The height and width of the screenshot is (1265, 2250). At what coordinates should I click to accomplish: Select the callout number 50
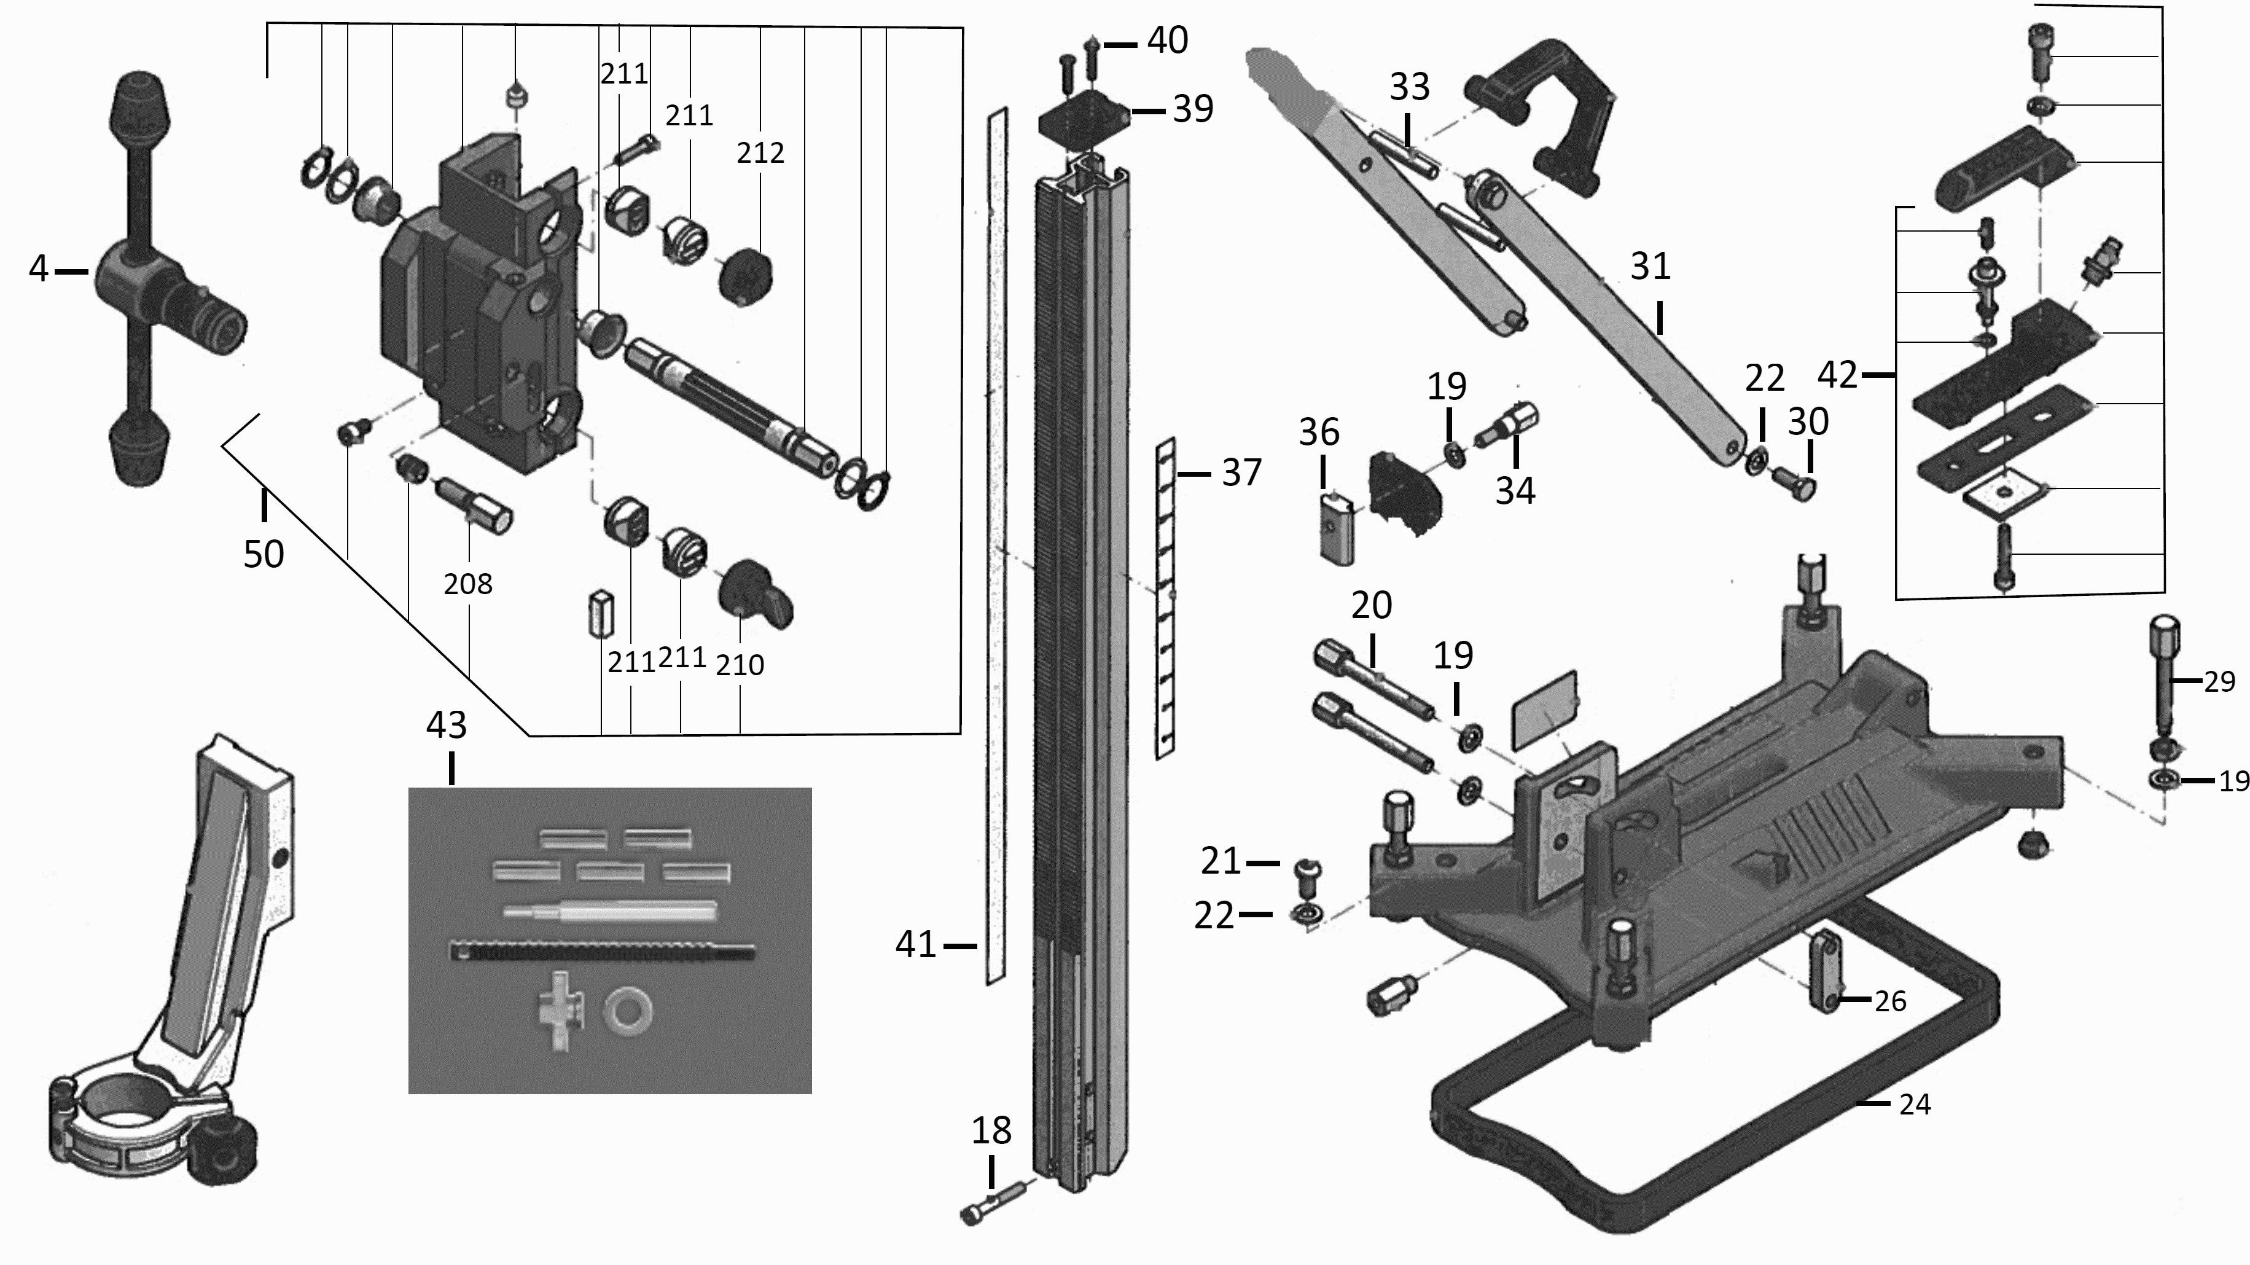[263, 554]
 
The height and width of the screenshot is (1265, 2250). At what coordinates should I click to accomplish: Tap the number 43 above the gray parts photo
[447, 724]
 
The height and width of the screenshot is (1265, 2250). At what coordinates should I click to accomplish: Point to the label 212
[760, 153]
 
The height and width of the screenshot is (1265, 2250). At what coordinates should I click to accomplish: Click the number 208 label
[467, 584]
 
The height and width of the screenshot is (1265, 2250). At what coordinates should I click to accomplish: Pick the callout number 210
[740, 665]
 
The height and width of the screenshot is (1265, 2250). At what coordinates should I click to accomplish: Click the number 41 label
[915, 944]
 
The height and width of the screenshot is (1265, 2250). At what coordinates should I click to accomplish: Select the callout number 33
[1410, 87]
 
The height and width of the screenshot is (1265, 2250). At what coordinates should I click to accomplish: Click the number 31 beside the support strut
[1650, 267]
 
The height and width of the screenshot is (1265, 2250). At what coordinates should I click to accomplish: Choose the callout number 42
[1837, 375]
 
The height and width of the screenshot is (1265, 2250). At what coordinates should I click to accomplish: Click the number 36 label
[1319, 431]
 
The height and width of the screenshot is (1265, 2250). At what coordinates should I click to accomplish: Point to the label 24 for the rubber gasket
[1915, 1104]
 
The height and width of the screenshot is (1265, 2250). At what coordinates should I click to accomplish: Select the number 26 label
[1890, 1001]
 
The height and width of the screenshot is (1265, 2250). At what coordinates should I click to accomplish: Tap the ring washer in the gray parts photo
[627, 1012]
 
